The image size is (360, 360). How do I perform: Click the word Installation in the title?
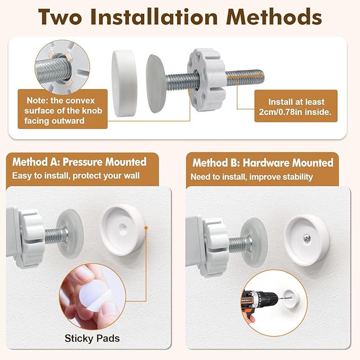click(154, 17)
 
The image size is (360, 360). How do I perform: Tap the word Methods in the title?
click(274, 17)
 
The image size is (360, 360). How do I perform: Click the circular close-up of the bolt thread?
click(62, 67)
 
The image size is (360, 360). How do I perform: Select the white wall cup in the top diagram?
click(125, 83)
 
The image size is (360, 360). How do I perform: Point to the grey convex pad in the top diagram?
click(156, 84)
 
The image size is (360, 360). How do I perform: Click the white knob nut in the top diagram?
click(206, 80)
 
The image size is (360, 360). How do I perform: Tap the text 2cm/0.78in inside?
click(295, 112)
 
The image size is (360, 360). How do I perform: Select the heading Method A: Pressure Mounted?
click(80, 162)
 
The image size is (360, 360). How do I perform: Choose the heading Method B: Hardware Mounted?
click(262, 163)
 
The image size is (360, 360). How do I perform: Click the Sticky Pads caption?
click(92, 338)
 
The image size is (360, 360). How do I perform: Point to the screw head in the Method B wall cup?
click(307, 239)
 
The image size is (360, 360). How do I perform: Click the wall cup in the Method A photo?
click(122, 230)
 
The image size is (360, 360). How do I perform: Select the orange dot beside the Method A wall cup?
click(146, 228)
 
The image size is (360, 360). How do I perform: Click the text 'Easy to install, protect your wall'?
click(76, 175)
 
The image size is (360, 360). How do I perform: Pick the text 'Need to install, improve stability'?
click(252, 177)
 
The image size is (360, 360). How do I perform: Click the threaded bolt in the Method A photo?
click(56, 236)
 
